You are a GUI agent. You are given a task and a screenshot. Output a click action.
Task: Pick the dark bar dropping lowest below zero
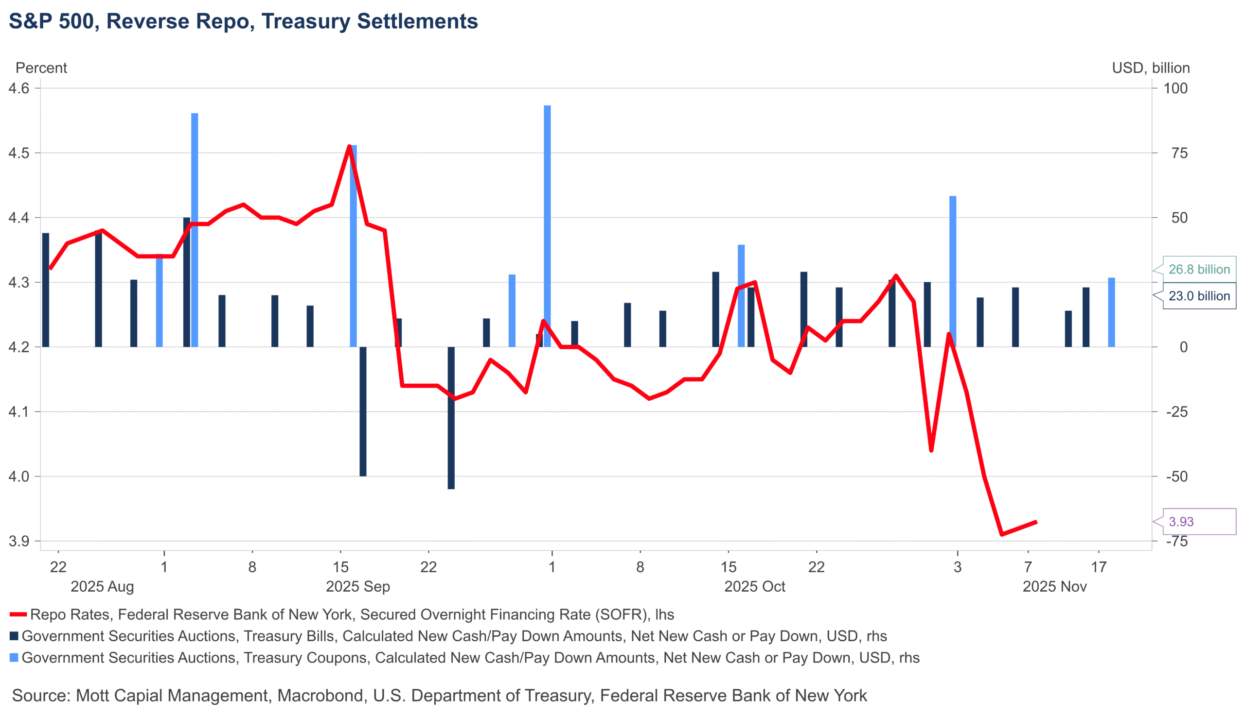click(451, 419)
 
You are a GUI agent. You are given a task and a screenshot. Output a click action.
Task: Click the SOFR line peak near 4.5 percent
click(349, 147)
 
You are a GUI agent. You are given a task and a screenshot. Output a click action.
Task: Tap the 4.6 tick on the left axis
click(19, 88)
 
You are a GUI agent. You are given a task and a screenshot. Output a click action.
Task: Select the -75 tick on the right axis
click(1176, 541)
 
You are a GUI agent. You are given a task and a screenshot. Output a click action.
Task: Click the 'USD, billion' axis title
click(1150, 68)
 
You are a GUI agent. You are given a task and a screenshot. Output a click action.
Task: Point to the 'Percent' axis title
click(41, 68)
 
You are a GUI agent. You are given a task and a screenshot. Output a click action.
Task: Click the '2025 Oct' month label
click(754, 586)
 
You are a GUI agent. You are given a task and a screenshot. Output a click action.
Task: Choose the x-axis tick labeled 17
click(1099, 567)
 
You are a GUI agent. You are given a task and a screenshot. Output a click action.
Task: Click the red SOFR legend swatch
click(18, 615)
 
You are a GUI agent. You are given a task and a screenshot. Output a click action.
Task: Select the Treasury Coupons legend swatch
click(14, 658)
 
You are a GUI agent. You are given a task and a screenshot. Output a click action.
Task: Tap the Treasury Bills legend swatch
click(14, 636)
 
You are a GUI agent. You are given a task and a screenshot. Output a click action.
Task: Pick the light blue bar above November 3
click(953, 271)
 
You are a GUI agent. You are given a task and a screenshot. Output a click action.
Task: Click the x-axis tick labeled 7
click(1028, 567)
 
